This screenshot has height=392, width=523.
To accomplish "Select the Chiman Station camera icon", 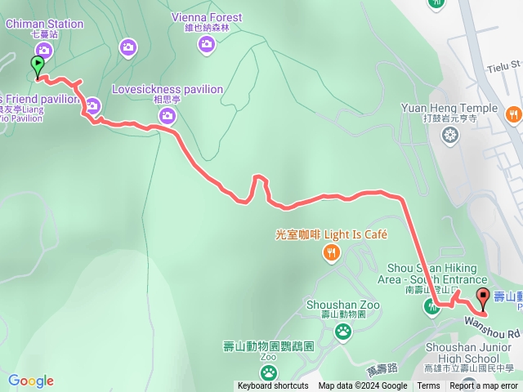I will (43, 51).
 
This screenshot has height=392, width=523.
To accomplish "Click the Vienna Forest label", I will (207, 17).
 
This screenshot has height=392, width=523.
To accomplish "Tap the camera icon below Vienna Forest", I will (207, 44).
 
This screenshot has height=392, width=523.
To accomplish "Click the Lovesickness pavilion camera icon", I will (168, 116).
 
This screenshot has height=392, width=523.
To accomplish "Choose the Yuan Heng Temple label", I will (449, 108).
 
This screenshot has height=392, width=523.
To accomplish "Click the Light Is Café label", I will (331, 234).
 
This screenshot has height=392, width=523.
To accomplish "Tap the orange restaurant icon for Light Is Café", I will (331, 254).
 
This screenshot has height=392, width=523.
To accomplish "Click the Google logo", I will (31, 381).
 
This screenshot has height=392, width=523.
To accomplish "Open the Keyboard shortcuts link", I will (273, 386).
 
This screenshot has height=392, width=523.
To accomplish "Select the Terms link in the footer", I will (428, 386).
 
